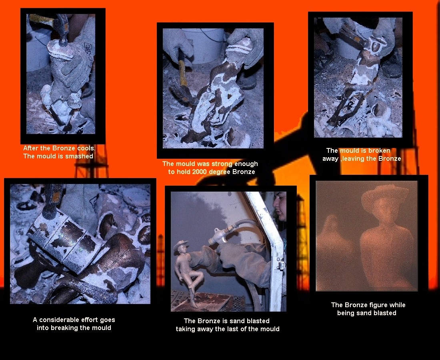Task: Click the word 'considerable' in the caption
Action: pyautogui.click(x=60, y=320)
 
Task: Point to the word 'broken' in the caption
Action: pyautogui.click(x=379, y=151)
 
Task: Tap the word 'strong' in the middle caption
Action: pyautogui.click(x=222, y=164)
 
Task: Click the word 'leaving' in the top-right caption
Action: pyautogui.click(x=356, y=159)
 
